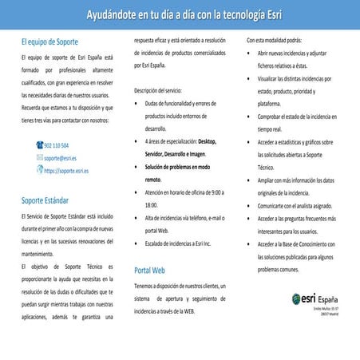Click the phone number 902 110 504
[57, 146]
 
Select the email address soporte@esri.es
[61, 158]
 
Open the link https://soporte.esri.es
[66, 170]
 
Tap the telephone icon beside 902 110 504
[40, 146]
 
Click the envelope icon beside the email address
[40, 158]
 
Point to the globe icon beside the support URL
[40, 170]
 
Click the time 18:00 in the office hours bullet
[152, 204]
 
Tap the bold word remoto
[153, 180]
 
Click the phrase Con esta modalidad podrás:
[274, 39]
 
